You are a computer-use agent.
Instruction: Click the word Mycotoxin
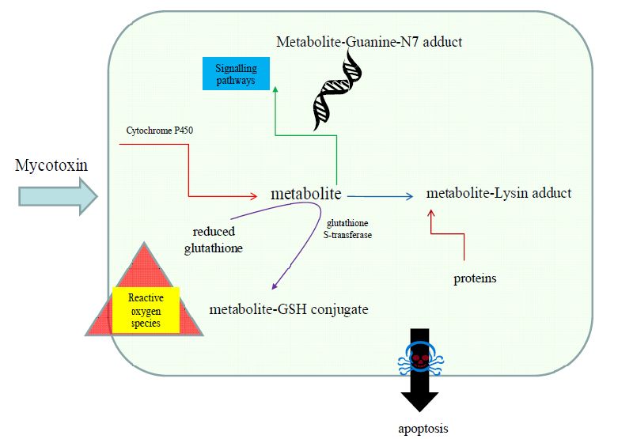pos(51,165)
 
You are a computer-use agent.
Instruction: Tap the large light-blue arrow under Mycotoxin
pos(58,196)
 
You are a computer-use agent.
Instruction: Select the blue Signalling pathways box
pos(236,74)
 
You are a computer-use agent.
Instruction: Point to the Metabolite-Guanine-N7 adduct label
pos(369,42)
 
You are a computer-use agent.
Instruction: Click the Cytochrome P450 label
pos(160,131)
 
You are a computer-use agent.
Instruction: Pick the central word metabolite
pos(306,194)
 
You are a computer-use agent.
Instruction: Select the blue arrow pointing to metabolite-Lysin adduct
pos(380,196)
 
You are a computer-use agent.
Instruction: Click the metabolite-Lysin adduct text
pos(498,193)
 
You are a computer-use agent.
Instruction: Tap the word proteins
pos(475,278)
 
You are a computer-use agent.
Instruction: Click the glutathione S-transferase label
pos(347,229)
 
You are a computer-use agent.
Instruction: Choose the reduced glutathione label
pos(214,240)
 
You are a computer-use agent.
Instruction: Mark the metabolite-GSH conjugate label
pos(289,309)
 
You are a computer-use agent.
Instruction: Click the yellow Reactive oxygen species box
pos(146,310)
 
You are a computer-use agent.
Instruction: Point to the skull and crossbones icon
pos(420,358)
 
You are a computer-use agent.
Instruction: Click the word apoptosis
pos(423,428)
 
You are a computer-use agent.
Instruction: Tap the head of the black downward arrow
pos(419,402)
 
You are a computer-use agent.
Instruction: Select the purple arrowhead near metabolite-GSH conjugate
pos(275,286)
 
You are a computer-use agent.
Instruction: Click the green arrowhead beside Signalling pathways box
pos(275,89)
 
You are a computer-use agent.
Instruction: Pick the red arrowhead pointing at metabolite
pos(253,196)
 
